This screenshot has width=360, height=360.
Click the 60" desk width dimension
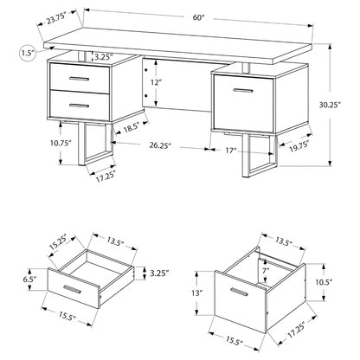pyautogui.click(x=198, y=17)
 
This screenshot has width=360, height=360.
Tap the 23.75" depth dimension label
pyautogui.click(x=57, y=19)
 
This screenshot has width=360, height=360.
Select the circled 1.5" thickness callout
pyautogui.click(x=28, y=53)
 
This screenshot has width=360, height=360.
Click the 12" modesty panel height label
pyautogui.click(x=155, y=82)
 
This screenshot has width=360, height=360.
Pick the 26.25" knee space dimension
pyautogui.click(x=160, y=145)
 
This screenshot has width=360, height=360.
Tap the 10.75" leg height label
pyautogui.click(x=61, y=143)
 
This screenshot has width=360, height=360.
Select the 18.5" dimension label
pyautogui.click(x=132, y=127)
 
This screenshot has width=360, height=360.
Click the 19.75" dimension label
pyautogui.click(x=299, y=145)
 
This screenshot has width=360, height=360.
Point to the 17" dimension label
pyautogui.click(x=231, y=151)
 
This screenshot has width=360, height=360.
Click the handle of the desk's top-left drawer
pyautogui.click(x=80, y=79)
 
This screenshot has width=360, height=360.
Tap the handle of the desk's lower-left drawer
pyautogui.click(x=79, y=106)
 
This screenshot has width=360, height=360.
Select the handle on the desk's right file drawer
pyautogui.click(x=243, y=91)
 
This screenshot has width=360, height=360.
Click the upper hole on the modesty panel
pyautogui.click(x=146, y=70)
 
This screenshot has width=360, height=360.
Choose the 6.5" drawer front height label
pyautogui.click(x=30, y=280)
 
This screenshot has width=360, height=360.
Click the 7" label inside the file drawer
pyautogui.click(x=266, y=270)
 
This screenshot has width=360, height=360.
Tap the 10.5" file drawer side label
pyautogui.click(x=325, y=282)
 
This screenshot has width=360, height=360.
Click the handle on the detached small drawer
pyautogui.click(x=72, y=290)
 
